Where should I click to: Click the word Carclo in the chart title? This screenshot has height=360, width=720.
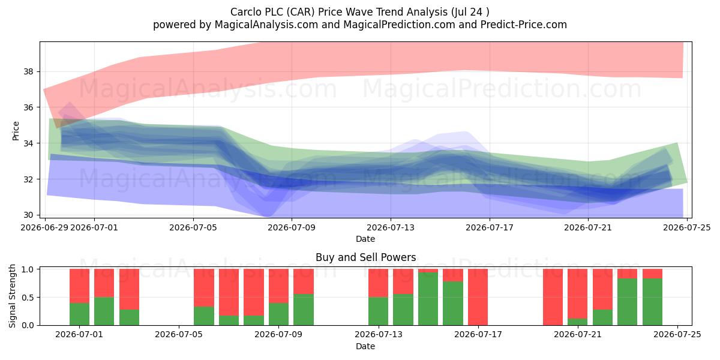[x=246, y=12]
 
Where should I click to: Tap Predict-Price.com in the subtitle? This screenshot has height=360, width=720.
[x=524, y=25]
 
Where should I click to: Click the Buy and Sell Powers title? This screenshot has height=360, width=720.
[x=366, y=257]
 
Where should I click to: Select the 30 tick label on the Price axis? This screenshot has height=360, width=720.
[x=28, y=215]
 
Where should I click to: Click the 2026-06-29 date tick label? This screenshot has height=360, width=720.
[x=44, y=227]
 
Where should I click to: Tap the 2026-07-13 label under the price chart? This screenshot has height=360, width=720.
[x=391, y=227]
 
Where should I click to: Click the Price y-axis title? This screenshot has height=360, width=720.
[x=16, y=131]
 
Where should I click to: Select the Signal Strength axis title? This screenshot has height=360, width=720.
[x=12, y=296]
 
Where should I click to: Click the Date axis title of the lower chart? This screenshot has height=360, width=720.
[x=365, y=346]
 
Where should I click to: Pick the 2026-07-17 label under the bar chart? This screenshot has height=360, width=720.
[x=478, y=335]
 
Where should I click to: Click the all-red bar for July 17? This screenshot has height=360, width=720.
[x=478, y=297]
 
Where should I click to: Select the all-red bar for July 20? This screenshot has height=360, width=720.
[x=553, y=297]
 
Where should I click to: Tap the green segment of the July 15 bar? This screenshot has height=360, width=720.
[x=428, y=299]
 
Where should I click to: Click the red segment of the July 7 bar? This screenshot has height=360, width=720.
[x=229, y=292]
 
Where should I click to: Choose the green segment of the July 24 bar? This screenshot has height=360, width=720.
[x=653, y=302]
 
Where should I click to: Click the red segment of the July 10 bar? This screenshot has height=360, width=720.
[x=304, y=281]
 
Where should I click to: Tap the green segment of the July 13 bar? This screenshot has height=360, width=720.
[x=379, y=311]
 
